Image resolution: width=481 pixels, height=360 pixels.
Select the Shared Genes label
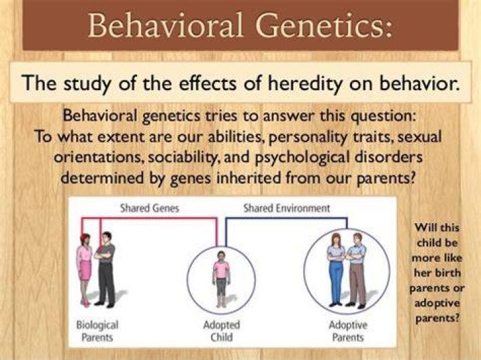point(150,208)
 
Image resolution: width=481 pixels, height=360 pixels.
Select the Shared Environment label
point(287,208)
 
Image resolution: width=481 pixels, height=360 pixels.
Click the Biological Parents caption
point(98,331)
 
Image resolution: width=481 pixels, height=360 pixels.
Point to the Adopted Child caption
point(222,331)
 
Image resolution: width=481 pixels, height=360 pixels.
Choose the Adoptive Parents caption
point(348,331)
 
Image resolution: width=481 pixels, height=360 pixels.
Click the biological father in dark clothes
point(106,270)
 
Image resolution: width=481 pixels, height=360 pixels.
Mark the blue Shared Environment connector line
point(287,218)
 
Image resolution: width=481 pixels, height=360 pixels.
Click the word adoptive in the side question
point(437,303)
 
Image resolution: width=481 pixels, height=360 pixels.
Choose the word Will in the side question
point(424,228)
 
